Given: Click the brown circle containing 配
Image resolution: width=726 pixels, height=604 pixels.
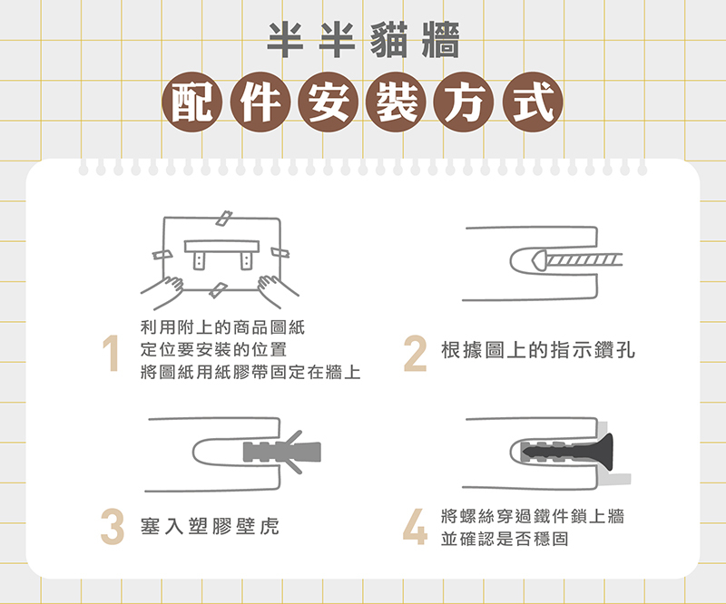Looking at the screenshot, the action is click(191, 102).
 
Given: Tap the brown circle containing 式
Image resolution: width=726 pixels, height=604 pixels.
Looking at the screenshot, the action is click(533, 102).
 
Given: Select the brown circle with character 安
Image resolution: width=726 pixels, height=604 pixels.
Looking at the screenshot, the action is click(329, 102).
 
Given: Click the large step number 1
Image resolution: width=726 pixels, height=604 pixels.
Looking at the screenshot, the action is click(111, 353).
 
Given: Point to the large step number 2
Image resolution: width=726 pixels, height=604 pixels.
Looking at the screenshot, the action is click(415, 353).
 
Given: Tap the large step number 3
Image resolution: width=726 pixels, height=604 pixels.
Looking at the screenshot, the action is click(112, 526).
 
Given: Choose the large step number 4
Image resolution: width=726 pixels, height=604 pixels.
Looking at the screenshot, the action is click(415, 526).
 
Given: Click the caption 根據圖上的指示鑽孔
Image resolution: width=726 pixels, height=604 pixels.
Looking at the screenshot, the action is click(537, 350).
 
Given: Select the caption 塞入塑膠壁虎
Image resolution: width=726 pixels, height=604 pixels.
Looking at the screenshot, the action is click(210, 526).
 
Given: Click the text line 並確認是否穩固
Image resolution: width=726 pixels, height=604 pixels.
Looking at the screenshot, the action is click(505, 539).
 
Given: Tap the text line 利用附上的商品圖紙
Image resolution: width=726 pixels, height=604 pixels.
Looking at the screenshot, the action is click(222, 327).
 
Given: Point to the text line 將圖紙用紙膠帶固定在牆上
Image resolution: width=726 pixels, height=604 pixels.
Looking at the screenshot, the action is click(250, 372).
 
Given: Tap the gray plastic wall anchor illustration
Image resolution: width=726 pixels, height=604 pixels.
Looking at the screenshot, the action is click(282, 453).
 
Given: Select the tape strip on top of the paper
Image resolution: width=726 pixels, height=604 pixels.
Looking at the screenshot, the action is click(224, 218).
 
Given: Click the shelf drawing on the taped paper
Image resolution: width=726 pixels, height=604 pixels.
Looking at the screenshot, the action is click(221, 254).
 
